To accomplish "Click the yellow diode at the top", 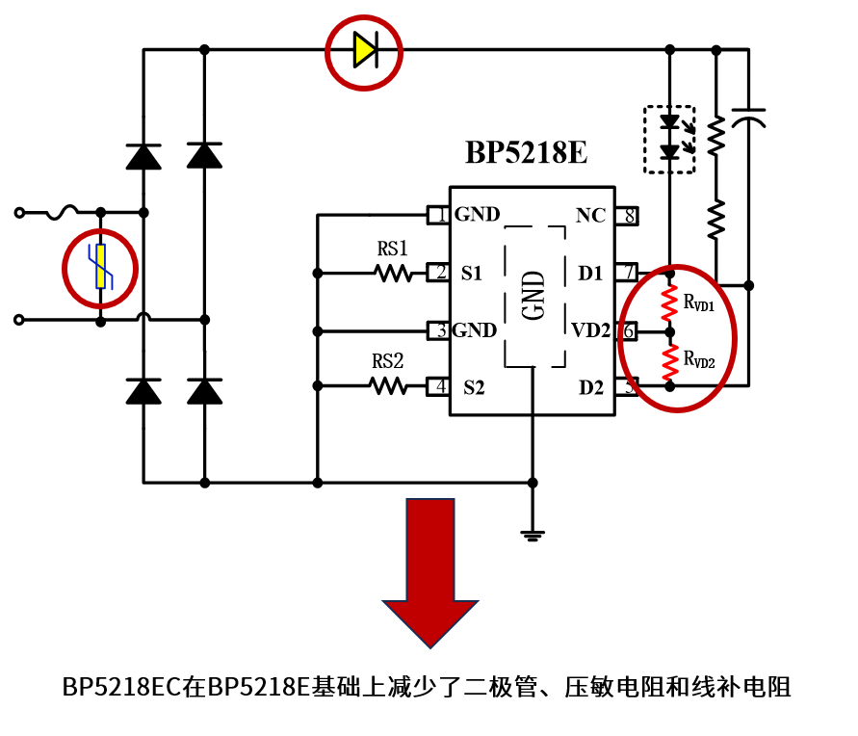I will (364, 50).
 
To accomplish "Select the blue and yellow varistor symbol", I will (100, 268).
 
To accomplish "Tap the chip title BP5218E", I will (526, 153).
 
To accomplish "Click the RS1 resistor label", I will (393, 250).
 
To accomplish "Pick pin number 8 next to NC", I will (630, 215).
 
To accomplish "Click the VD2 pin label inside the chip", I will (590, 331).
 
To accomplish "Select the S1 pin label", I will (471, 274).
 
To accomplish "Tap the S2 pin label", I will (473, 388).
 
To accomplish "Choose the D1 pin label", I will (590, 274).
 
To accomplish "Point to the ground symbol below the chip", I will (533, 533).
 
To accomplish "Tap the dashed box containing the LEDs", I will (669, 139).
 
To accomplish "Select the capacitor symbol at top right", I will (749, 118).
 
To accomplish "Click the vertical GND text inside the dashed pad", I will (533, 295).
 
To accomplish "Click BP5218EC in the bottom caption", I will (123, 688).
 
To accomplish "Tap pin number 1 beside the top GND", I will (441, 215).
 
